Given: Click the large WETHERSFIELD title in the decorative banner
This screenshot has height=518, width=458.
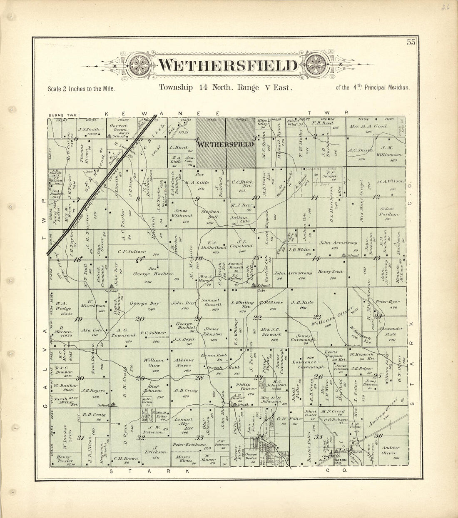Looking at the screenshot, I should tap(229, 66).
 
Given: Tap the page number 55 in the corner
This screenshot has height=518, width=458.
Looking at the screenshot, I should tap(411, 42).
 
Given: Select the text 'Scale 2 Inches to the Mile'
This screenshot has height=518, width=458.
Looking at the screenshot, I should tap(81, 89).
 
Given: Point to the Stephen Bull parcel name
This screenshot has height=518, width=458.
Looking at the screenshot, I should tap(210, 214).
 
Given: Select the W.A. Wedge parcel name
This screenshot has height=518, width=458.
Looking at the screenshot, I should tap(66, 306).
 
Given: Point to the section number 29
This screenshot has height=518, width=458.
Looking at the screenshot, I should tap(140, 378).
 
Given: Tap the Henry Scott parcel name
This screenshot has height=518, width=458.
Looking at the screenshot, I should tap(331, 271).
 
